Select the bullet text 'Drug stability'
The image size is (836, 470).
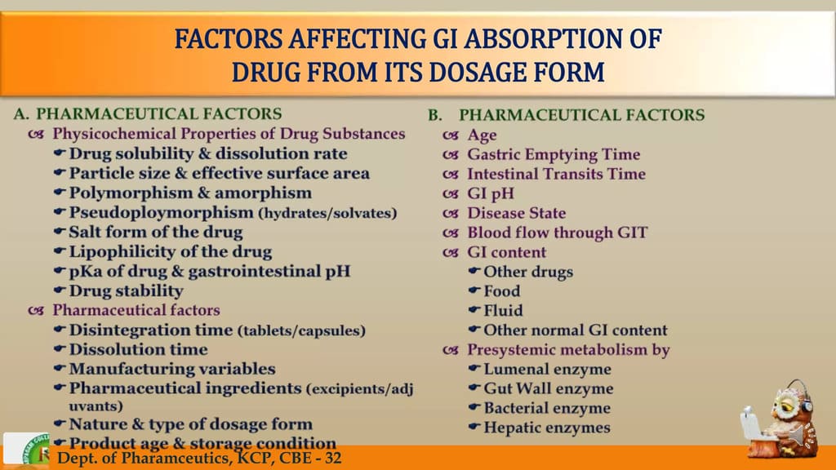pyautogui.click(x=127, y=291)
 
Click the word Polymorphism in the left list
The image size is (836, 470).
pyautogui.click(x=131, y=193)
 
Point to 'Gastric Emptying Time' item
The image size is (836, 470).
pyautogui.click(x=554, y=154)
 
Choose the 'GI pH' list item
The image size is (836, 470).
pyautogui.click(x=491, y=193)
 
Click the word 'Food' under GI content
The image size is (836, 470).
pyautogui.click(x=502, y=291)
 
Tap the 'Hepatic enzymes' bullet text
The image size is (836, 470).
pyautogui.click(x=547, y=428)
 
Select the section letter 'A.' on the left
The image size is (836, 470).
pyautogui.click(x=21, y=114)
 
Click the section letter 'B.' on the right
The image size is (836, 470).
pyautogui.click(x=435, y=115)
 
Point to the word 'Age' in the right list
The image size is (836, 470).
pyautogui.click(x=482, y=135)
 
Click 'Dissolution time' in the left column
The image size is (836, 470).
pyautogui.click(x=139, y=349)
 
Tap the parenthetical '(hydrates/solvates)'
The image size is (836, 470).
pyautogui.click(x=328, y=213)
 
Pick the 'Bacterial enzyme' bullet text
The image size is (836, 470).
pyautogui.click(x=547, y=408)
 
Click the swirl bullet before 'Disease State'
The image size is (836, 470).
pyautogui.click(x=451, y=214)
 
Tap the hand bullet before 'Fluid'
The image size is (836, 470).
pyautogui.click(x=474, y=309)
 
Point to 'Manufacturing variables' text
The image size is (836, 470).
pyautogui.click(x=172, y=369)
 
